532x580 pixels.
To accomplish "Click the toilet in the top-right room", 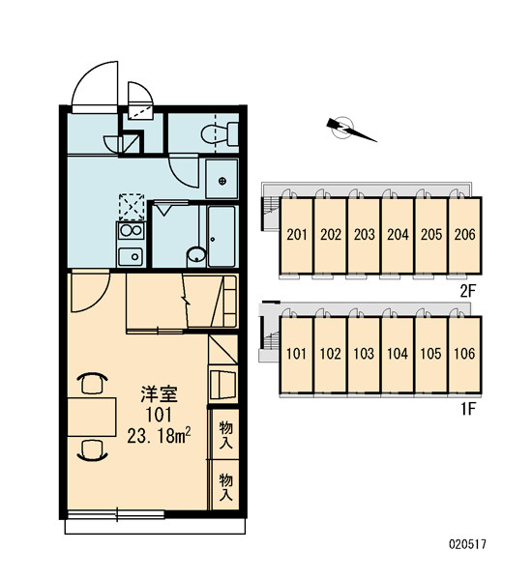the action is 220,134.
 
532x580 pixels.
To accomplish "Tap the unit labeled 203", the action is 364,235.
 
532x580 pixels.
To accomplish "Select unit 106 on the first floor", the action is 464,355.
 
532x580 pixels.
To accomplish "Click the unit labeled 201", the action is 297,235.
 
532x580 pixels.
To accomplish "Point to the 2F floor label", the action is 467,292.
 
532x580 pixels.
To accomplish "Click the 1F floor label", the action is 467,409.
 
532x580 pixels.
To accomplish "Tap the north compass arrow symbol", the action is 350,130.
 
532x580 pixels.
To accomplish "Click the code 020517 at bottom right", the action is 467,544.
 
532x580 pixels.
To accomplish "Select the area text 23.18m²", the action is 159,436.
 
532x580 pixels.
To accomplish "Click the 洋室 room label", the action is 160,394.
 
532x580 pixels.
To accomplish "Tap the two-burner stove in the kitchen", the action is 131,231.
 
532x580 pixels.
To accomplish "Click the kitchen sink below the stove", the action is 131,256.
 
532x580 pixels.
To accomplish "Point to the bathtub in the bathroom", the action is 222,237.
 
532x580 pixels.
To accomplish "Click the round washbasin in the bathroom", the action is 196,255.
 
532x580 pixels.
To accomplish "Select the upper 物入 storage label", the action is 225,435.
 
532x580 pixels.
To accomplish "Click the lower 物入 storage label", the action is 225,487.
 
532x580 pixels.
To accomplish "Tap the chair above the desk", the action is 93,383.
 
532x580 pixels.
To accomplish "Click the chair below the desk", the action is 93,450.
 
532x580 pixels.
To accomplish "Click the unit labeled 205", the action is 431,235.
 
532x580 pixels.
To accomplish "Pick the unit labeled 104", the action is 398,355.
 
